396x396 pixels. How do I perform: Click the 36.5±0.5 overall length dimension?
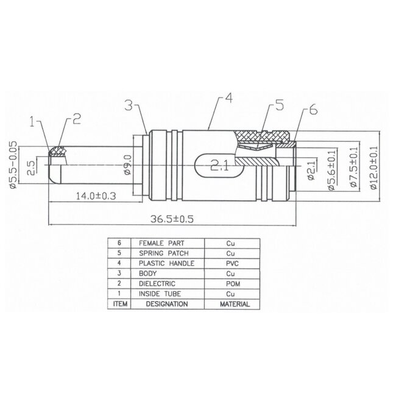(x=174, y=218)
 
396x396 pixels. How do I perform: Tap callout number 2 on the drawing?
(x=77, y=118)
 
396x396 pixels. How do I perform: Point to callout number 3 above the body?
(x=129, y=104)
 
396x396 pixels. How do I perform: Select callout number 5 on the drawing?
(x=279, y=105)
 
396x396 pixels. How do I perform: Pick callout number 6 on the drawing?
(x=313, y=110)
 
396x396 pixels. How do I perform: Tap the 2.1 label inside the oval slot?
(x=219, y=164)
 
